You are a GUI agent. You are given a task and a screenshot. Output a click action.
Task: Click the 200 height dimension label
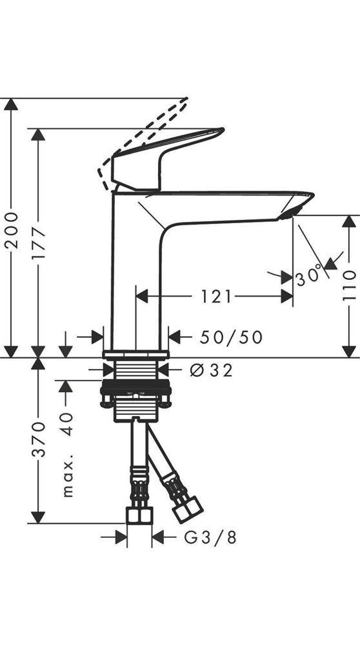click(12, 230)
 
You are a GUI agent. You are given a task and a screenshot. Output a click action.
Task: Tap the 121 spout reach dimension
click(216, 296)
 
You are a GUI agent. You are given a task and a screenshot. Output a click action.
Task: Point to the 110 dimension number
click(349, 286)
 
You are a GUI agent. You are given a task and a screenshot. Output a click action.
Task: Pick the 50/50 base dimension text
click(231, 337)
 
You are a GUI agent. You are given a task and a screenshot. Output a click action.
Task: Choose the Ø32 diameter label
click(212, 370)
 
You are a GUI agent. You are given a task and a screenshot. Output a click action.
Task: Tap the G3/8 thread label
click(210, 537)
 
